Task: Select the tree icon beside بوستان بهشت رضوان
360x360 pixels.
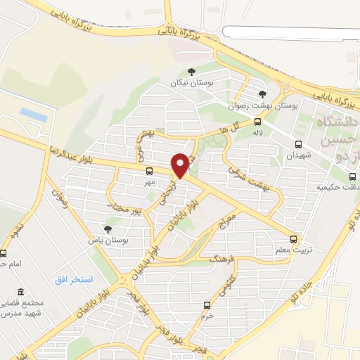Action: (262, 94)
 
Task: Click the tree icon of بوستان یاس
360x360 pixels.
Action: (108, 229)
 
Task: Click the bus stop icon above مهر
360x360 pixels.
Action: (149, 171)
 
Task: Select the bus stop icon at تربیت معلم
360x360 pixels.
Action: (294, 238)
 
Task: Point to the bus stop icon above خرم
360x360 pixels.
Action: (206, 305)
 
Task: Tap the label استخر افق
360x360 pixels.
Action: (74, 280)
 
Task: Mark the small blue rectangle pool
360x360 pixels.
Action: (32, 112)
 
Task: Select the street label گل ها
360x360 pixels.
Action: (230, 129)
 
